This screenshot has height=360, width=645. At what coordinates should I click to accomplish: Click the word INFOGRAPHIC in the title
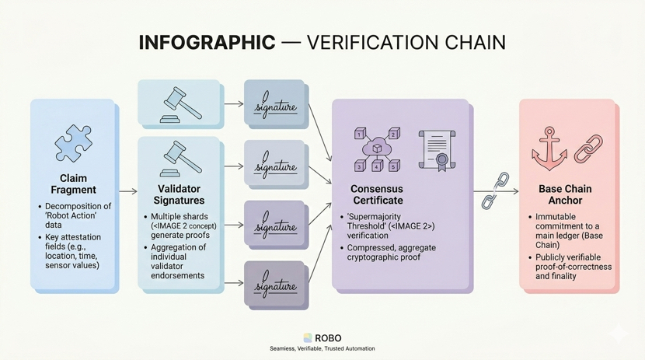pos(207,42)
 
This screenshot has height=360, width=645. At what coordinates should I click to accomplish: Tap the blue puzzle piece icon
pos(74,143)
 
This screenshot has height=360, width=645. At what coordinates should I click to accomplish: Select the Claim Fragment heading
pos(74,183)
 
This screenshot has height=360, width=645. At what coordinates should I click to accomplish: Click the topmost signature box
pos(275,105)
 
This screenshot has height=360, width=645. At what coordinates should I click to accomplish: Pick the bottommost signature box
pos(275,285)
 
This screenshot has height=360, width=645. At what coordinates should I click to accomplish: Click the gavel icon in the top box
pos(180,103)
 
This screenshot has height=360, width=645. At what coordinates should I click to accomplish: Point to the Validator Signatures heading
pos(179,194)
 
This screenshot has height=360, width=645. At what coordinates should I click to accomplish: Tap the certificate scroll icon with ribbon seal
pos(437,149)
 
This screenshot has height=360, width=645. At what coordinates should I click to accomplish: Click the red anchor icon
pos(549,149)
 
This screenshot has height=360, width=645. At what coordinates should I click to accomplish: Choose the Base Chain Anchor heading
pos(565,194)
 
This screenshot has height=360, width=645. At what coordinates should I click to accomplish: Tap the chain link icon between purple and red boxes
pos(495,191)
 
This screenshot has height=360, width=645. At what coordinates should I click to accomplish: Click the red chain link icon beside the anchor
pos(588,149)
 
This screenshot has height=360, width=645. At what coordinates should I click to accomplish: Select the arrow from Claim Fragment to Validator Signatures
pos(127,191)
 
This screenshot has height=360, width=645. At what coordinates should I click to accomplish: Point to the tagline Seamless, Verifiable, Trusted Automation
pos(322,349)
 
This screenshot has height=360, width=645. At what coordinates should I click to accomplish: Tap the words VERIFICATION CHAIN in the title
pos(406,42)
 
